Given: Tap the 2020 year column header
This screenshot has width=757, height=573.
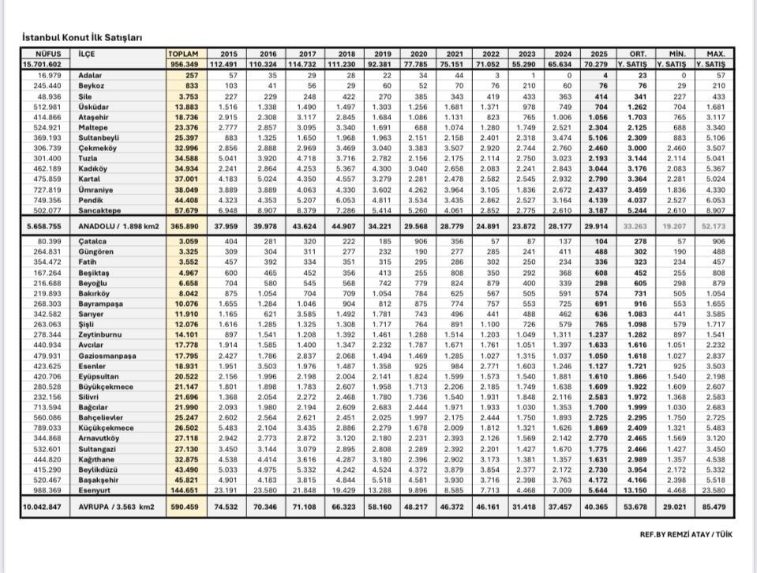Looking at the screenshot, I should tap(420, 53).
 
